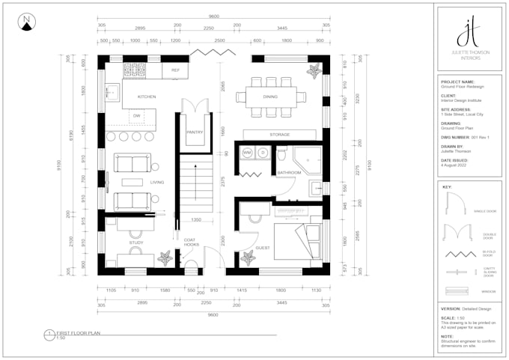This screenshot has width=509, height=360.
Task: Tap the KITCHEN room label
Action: [146, 97]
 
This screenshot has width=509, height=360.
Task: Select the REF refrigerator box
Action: [175, 70]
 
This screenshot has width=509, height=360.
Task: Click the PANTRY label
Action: [195, 132]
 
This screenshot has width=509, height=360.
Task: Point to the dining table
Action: [269, 97]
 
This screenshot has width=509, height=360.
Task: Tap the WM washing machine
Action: [247, 153]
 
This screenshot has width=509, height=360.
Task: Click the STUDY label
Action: [135, 242]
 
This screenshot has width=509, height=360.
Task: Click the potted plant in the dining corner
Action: [314, 70]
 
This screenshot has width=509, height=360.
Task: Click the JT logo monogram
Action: [469, 33]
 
